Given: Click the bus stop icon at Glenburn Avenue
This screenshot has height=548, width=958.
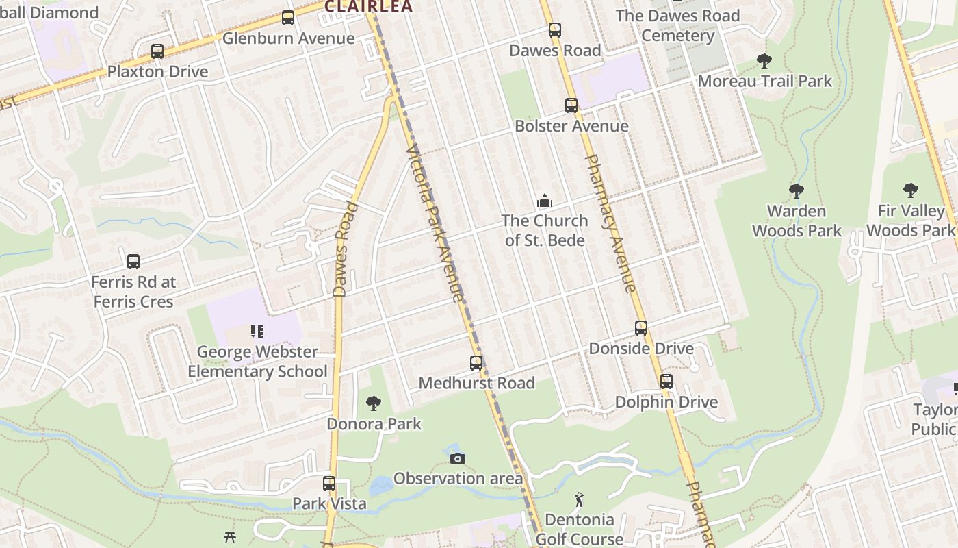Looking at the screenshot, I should tap(288, 18).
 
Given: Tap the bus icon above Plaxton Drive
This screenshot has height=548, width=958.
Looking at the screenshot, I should tap(157, 51).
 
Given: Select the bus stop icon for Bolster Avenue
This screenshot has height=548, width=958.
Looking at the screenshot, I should tap(571, 105).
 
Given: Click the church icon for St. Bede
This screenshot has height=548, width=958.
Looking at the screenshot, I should tap(545, 201).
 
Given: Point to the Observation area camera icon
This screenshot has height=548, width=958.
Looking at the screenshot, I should tap(458, 458).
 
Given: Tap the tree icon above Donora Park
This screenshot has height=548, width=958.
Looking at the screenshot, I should tap(374, 403).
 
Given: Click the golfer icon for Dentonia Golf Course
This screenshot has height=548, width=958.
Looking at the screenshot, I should tap(580, 500).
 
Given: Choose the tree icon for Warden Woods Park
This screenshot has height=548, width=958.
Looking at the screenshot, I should tap(796, 191).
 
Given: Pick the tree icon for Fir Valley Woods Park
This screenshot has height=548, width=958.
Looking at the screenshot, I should tap(910, 190).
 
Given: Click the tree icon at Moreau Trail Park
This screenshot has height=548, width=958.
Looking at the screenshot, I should tap(764, 61).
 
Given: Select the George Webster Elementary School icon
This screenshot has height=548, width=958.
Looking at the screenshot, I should tap(257, 332).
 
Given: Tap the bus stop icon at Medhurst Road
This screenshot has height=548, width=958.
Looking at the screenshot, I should tap(476, 363).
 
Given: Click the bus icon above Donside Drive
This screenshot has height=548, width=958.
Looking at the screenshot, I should tap(641, 328).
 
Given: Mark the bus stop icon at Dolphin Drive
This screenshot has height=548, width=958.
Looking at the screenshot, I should tap(666, 382).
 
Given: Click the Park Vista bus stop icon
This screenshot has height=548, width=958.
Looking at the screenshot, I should tap(329, 484).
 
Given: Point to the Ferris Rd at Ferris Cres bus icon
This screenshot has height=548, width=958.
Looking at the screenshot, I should tap(133, 262).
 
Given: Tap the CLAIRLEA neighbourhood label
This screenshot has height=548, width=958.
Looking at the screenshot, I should tap(368, 7).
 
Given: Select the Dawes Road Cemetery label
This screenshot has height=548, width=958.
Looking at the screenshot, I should tap(677, 25).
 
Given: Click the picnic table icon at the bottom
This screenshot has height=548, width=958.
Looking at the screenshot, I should tap(231, 538).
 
